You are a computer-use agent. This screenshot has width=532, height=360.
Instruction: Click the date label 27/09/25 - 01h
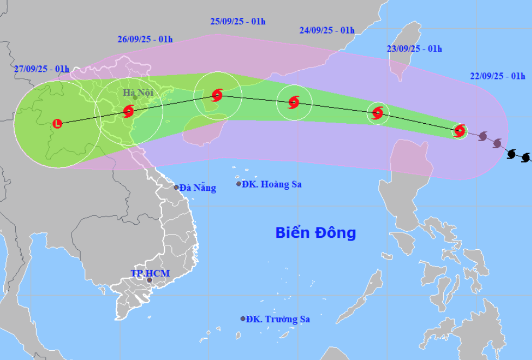point(42,69)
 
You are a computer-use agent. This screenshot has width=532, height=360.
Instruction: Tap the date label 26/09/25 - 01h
point(144,39)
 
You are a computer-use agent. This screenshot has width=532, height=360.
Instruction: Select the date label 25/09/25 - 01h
point(238,22)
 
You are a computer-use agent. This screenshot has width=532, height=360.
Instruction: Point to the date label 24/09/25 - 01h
point(327,30)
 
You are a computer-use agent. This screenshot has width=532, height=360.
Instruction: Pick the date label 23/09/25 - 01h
point(415,49)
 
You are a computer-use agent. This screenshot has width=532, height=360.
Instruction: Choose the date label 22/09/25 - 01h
point(497,76)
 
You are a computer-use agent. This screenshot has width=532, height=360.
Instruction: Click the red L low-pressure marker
point(58,124)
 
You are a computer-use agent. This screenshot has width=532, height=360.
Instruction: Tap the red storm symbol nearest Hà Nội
point(128,111)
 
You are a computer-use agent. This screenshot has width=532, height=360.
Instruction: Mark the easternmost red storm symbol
point(460,130)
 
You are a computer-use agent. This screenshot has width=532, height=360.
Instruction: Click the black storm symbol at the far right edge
point(526,157)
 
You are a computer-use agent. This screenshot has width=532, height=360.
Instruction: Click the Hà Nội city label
point(138,93)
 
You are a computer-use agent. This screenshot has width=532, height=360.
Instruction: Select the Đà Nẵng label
point(198,188)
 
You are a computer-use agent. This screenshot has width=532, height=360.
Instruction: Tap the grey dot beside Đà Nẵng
point(176,188)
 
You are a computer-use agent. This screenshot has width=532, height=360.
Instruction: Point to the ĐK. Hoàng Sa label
point(272,184)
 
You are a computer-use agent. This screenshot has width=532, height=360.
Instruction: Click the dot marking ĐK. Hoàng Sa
point(238,184)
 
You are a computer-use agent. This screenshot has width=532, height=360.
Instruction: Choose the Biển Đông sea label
point(316,233)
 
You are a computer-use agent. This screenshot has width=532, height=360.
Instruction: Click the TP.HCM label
point(150,274)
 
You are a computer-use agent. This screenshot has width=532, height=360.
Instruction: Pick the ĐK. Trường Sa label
point(278,319)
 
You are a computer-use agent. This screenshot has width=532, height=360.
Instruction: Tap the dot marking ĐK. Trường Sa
point(243,319)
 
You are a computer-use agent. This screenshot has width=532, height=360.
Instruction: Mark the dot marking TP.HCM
point(150,280)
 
